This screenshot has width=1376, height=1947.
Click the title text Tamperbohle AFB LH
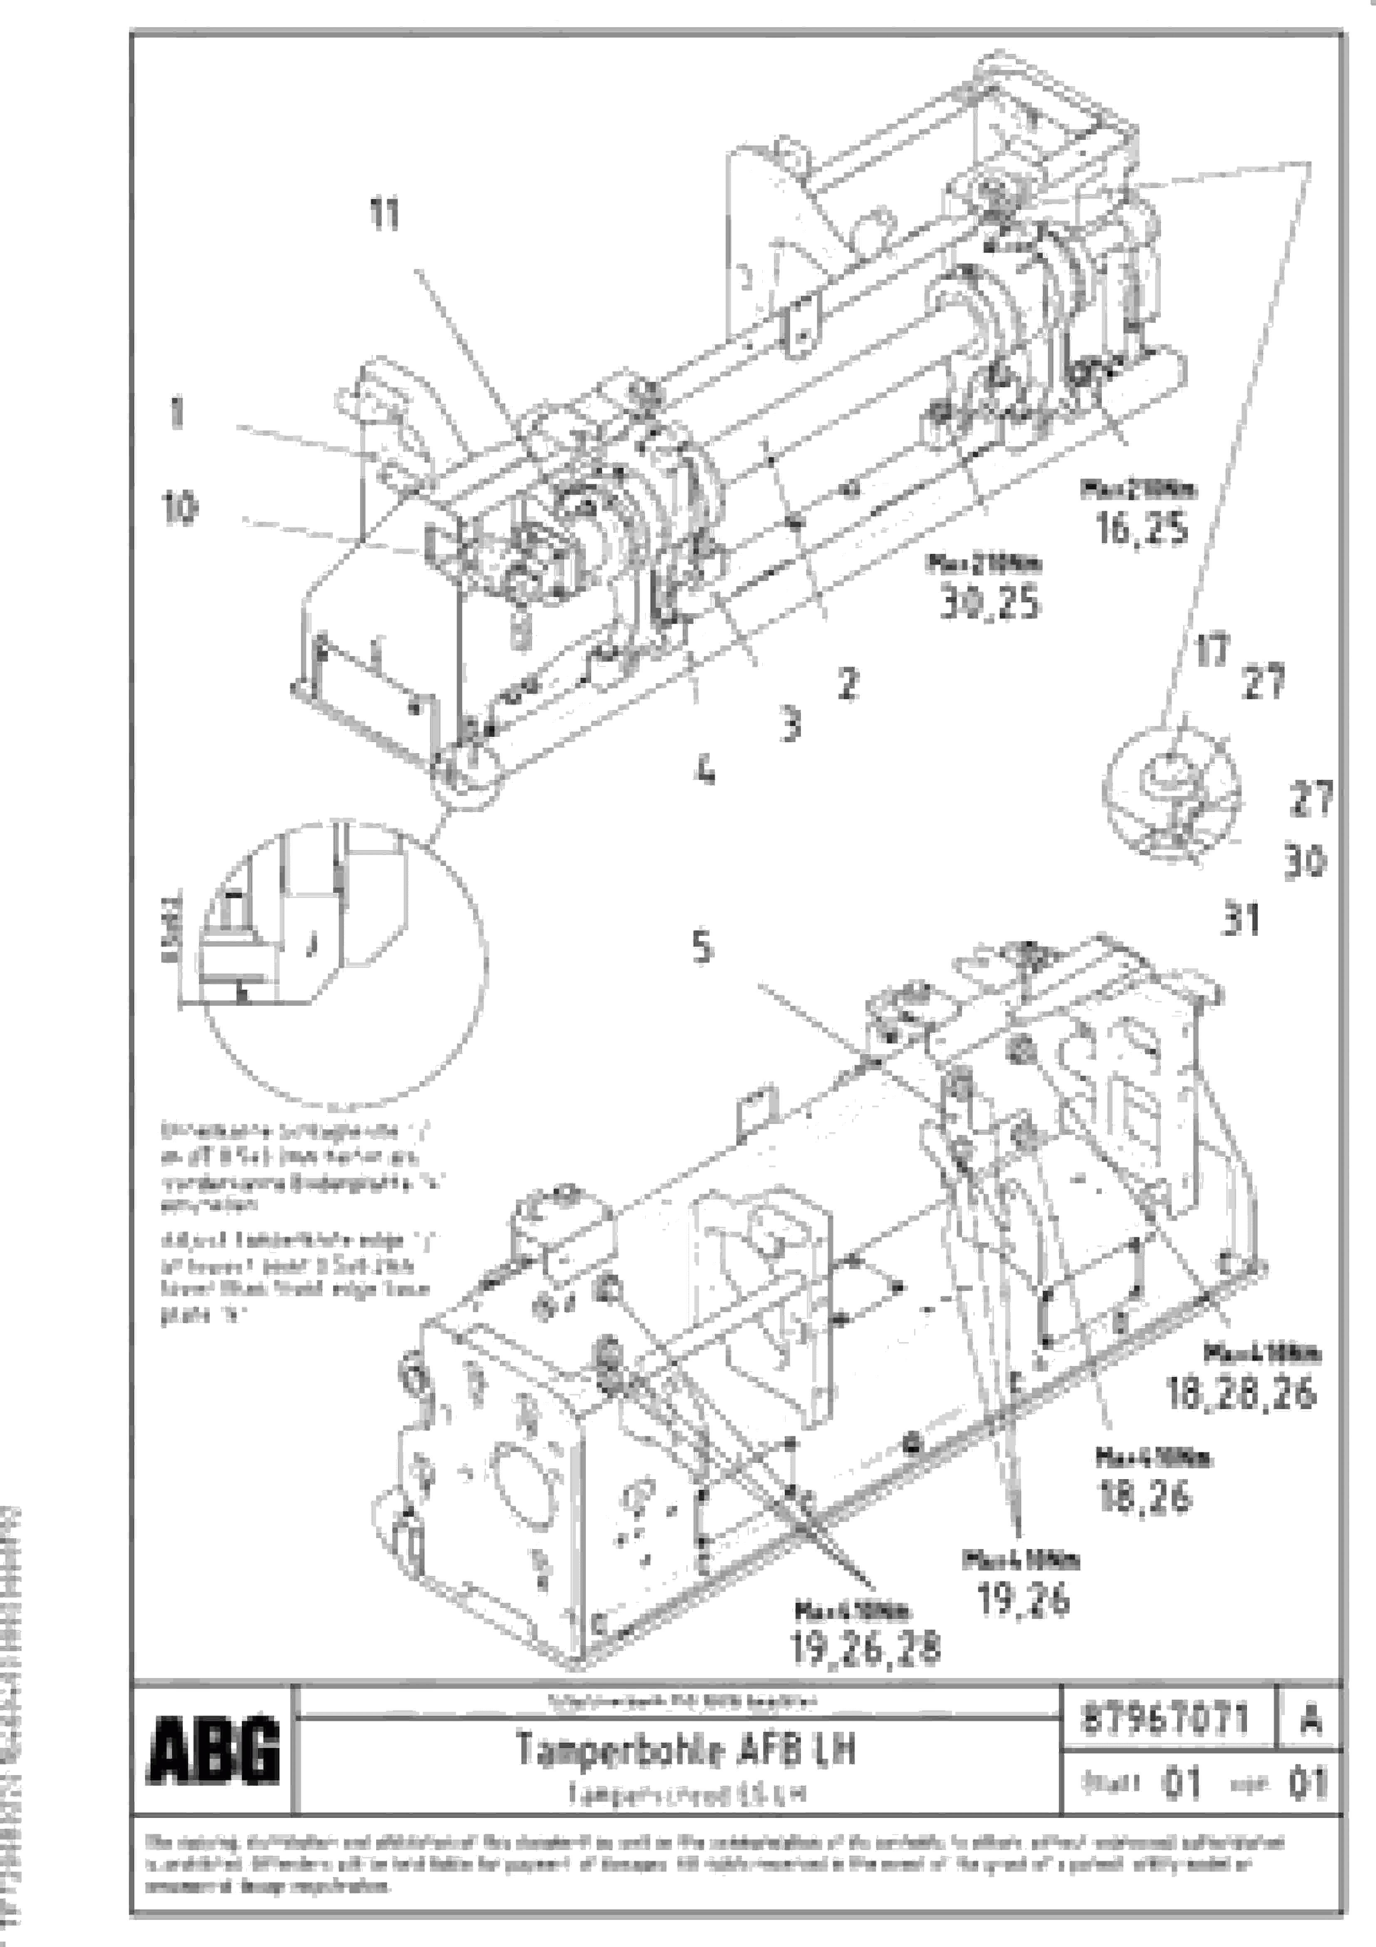[685, 1748]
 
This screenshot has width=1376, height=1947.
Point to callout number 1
[176, 413]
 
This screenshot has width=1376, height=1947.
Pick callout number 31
[1240, 919]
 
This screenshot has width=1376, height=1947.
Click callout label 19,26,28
[865, 1649]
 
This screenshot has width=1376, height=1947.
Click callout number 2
[847, 684]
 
